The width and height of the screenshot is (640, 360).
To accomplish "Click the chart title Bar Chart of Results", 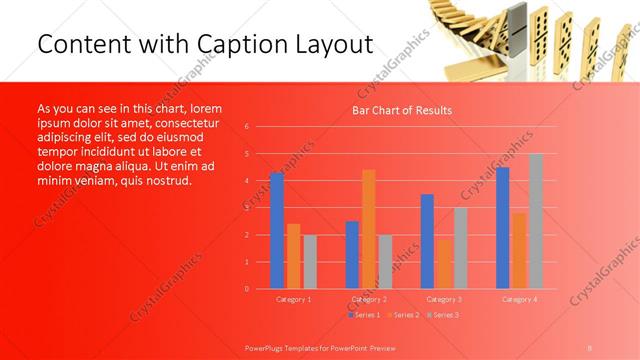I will [401, 110].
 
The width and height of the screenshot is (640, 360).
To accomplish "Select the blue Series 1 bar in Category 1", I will [277, 231].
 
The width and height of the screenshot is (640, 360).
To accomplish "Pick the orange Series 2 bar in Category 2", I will [369, 229].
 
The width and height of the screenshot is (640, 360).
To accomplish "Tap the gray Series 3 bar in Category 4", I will [536, 221].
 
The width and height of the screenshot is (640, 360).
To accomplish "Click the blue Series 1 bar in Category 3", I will [427, 241].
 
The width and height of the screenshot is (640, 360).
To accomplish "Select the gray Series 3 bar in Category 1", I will [309, 262].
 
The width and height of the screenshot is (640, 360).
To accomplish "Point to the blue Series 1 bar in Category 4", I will [503, 228].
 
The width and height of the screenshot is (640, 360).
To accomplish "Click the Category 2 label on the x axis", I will [369, 299].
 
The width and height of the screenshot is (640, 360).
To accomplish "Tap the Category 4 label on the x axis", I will [519, 299].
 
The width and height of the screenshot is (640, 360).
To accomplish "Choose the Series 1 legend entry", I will [363, 314].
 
